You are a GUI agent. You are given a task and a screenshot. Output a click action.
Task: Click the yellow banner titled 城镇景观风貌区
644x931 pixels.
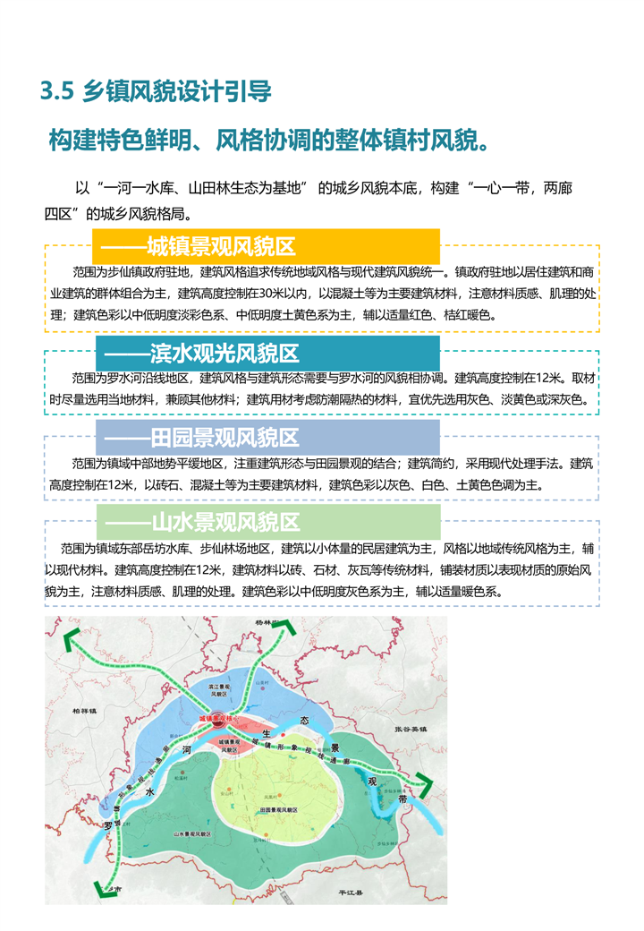(x=266, y=246)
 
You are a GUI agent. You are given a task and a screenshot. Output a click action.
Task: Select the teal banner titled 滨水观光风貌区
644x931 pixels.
(x=267, y=352)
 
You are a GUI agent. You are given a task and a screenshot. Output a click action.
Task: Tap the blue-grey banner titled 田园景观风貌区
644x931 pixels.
(x=267, y=438)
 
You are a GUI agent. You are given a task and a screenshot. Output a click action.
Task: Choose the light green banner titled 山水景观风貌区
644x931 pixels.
(x=267, y=521)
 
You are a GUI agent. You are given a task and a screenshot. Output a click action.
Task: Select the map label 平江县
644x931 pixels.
(x=344, y=893)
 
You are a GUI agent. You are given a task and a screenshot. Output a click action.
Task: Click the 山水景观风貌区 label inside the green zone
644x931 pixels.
(x=191, y=832)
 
